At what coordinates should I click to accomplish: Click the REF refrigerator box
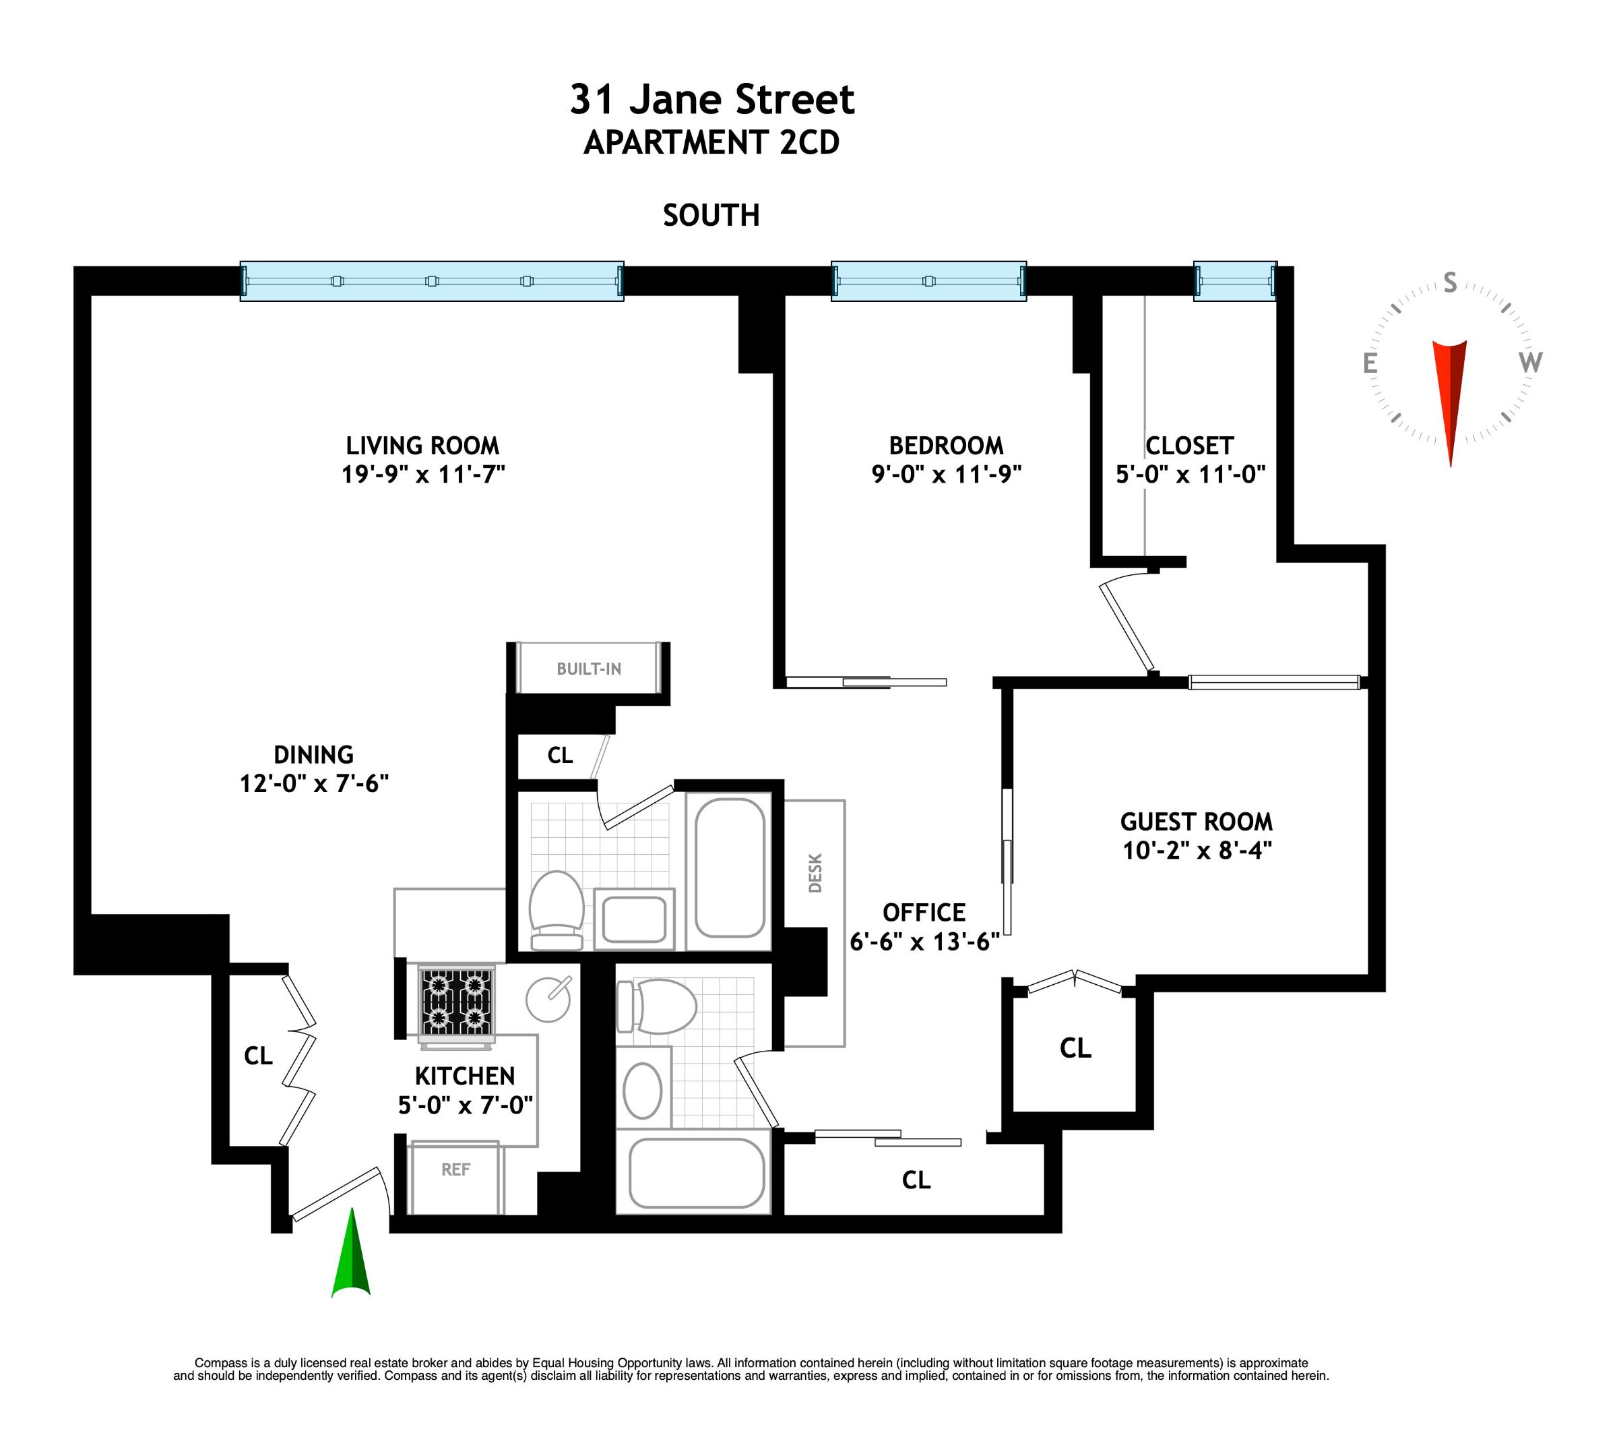click(454, 1176)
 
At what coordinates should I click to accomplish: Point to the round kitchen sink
click(548, 999)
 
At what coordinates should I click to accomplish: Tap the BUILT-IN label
click(589, 669)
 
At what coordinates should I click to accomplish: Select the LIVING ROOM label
click(422, 446)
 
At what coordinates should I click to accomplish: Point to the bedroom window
click(928, 281)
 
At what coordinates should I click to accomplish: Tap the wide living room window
click(432, 281)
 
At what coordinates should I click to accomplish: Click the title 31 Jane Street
click(711, 100)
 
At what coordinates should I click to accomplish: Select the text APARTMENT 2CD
click(711, 143)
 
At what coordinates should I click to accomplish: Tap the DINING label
click(313, 754)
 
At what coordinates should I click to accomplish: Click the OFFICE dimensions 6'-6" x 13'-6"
click(924, 942)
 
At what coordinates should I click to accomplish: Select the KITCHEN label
click(465, 1076)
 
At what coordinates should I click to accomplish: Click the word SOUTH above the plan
click(711, 215)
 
